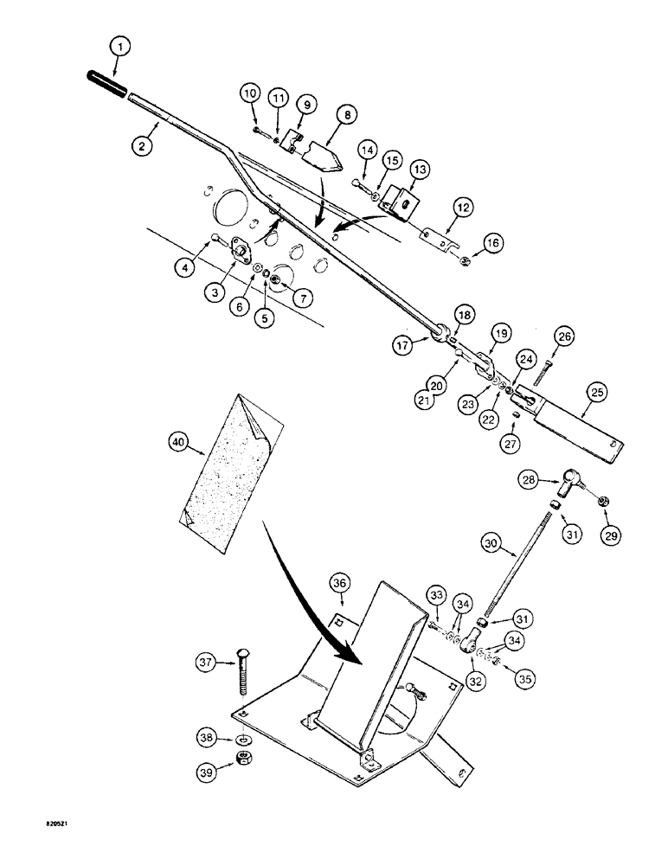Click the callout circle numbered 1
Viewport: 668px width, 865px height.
click(121, 43)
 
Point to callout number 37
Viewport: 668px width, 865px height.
click(204, 663)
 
